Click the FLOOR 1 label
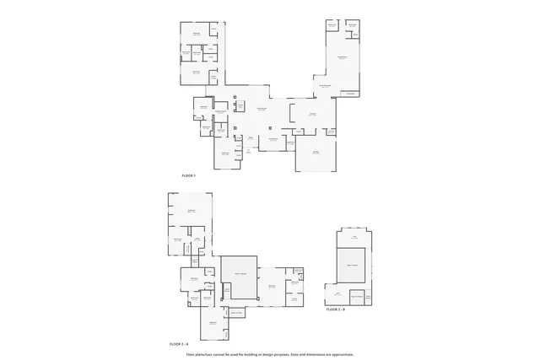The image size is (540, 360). coord(189,175)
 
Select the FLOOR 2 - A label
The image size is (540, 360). coord(179,345)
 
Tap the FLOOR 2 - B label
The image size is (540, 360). coord(336,310)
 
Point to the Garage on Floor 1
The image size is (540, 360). coord(315,155)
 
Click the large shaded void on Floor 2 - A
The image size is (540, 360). coord(239,277)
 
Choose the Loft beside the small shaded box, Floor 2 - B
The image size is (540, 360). coord(337,295)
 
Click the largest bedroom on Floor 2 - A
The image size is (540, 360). coord(190,211)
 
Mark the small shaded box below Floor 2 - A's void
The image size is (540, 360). coord(232,313)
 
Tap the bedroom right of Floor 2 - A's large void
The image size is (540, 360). coord(273,287)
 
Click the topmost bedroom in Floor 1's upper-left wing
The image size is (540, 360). coord(195,35)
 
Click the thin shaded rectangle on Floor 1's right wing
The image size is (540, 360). coord(348,94)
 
